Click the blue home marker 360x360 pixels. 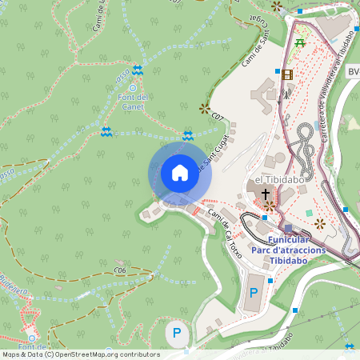pos(179,172)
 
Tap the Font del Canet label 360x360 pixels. pos(133,100)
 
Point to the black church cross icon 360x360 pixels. pos(265,194)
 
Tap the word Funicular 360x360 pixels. pos(289,239)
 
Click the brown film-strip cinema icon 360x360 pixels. pos(287,74)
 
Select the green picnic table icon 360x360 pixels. pos(300,42)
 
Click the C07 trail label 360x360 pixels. pos(217,118)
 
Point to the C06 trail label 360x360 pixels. pos(121,270)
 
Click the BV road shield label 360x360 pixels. pos(353,72)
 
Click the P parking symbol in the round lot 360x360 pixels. pos(177,332)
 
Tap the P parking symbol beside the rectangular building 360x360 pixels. pos(254,293)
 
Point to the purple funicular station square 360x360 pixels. pos(288,229)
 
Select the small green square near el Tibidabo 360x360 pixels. pos(309,213)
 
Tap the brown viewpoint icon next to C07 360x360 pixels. pos(203,107)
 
